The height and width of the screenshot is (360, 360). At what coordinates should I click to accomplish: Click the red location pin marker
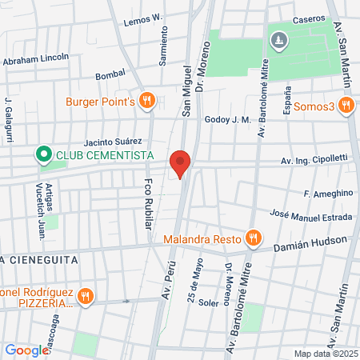pos(181,162)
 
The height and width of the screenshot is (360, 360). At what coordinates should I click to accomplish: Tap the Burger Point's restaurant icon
pos(146,101)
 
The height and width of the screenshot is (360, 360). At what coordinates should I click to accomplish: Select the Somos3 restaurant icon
pos(346,104)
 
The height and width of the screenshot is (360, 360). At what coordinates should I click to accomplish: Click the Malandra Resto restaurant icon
pos(253,237)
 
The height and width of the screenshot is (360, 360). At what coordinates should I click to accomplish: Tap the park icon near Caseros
pos(278,39)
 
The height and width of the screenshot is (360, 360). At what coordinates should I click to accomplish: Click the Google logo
pos(26,350)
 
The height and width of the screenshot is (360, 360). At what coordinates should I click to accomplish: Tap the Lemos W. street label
pos(143,18)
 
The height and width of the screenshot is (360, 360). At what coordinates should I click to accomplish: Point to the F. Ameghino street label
pos(328,193)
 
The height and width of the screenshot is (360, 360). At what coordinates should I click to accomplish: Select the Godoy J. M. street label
pos(228,120)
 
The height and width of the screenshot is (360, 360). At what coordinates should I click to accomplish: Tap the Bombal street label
pos(110,74)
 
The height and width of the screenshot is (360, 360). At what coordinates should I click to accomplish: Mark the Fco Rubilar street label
pos(148,204)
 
